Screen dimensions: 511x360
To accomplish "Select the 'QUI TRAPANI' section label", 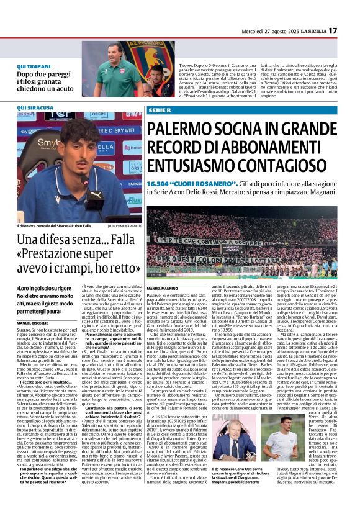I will tap(35, 66).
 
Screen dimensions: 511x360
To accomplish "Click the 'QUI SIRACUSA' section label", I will tap(36, 107).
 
